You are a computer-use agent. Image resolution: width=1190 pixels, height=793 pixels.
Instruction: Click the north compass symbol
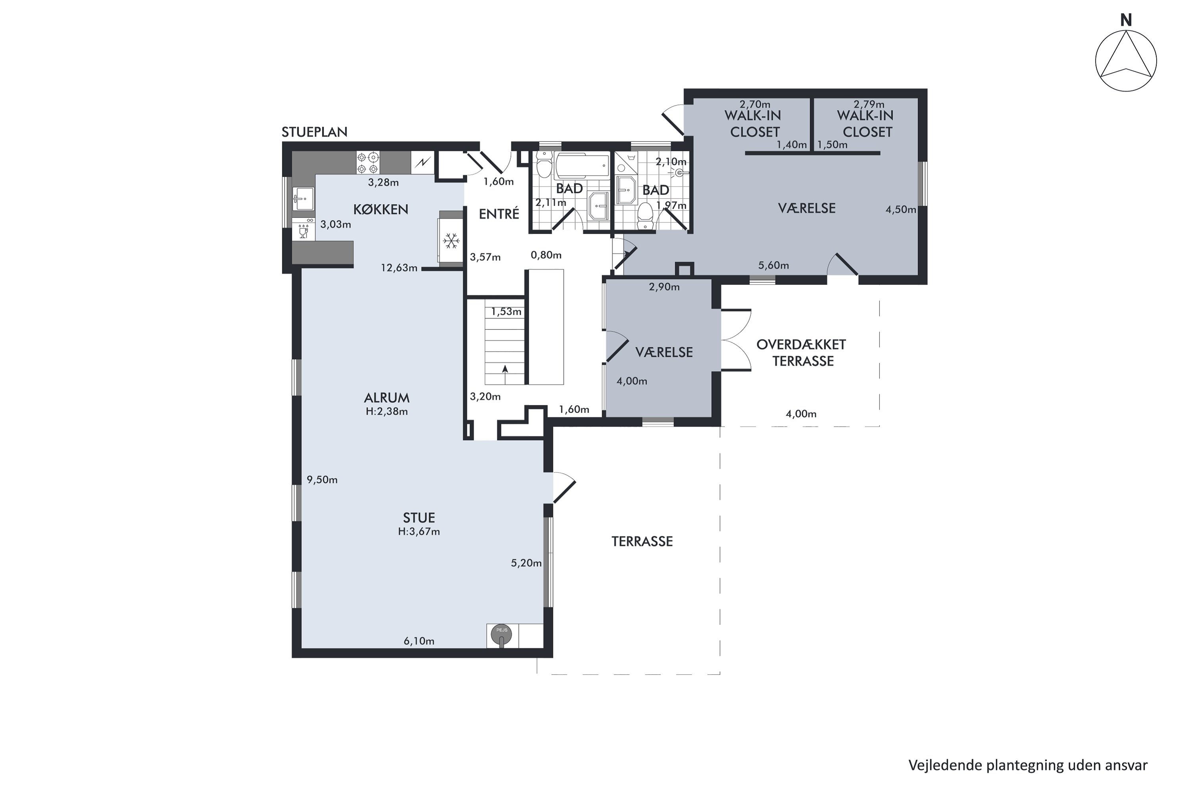click(1126, 61)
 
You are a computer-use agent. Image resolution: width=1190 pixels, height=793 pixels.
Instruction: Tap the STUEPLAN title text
click(315, 132)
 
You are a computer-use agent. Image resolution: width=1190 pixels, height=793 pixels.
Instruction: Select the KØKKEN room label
click(380, 209)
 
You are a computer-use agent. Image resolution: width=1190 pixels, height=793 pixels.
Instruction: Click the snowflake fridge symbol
click(451, 241)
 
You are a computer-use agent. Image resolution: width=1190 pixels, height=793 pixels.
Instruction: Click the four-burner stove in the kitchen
click(368, 163)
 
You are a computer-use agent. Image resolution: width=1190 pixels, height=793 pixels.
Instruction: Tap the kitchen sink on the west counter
click(303, 199)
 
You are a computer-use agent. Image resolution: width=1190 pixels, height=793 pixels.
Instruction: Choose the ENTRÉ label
click(499, 214)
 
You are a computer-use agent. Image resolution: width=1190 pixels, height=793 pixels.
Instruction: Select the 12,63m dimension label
click(399, 268)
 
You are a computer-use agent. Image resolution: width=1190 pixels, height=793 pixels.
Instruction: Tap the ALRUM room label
click(386, 398)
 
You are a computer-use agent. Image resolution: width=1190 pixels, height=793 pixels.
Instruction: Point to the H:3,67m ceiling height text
click(419, 532)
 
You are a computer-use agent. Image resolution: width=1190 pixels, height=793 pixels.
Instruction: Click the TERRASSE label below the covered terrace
click(642, 542)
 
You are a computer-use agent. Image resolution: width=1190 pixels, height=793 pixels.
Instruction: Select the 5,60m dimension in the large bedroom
click(773, 266)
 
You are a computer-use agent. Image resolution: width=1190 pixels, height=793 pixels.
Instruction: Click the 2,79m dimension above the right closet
click(869, 104)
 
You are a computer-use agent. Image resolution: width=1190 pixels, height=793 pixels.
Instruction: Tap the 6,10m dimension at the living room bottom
click(419, 641)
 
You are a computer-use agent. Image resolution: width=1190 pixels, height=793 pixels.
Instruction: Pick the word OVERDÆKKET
click(801, 345)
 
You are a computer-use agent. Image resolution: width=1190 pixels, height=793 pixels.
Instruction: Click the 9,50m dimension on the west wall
click(322, 480)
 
